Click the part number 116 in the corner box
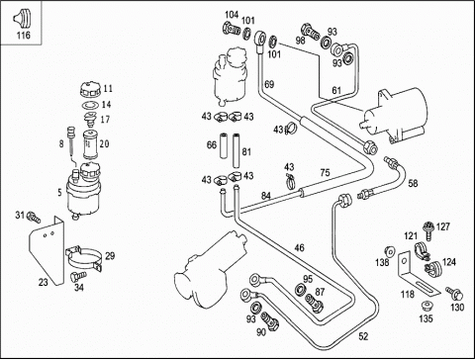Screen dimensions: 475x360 click(x=24, y=35)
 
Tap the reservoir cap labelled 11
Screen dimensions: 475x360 click(x=90, y=89)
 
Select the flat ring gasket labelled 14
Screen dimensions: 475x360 click(x=90, y=106)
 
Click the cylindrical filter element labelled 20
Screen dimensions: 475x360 click(x=89, y=144)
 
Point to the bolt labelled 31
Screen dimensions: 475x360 click(x=34, y=217)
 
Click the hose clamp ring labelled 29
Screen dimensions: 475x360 click(x=84, y=258)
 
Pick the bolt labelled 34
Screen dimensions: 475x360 click(x=78, y=276)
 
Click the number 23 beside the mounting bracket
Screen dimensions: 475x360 click(x=44, y=282)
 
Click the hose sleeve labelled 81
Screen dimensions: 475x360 click(x=237, y=150)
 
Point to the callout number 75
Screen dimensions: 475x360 click(x=325, y=173)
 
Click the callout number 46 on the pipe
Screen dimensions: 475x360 click(x=299, y=247)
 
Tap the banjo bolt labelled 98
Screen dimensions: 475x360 click(x=310, y=31)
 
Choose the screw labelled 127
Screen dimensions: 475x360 click(x=427, y=230)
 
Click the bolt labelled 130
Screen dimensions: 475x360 click(x=455, y=292)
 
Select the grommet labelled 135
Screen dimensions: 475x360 click(x=427, y=306)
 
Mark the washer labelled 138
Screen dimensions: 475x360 click(x=390, y=252)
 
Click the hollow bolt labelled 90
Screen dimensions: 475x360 click(x=270, y=321)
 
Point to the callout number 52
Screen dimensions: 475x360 click(x=363, y=336)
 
